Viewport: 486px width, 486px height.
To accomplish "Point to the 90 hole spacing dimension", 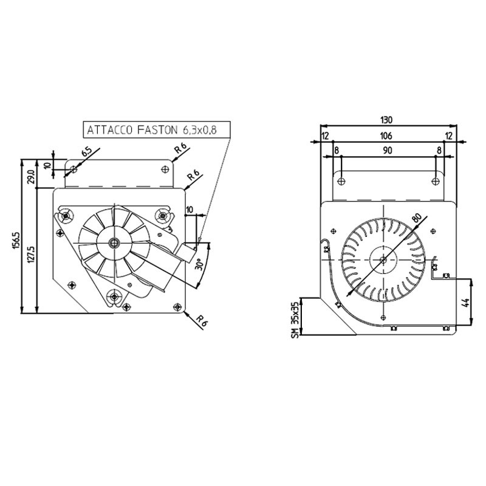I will pos(387,149).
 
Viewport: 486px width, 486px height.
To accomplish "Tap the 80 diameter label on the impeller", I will pos(416,219).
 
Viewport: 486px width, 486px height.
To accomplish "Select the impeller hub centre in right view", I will pos(383,260).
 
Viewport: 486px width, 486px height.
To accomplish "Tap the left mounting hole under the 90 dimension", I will pos(341,180).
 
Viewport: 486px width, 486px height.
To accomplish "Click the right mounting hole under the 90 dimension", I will pos(436,180).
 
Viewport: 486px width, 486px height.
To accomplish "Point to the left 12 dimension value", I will pos(325,135).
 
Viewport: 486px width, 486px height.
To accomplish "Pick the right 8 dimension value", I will pos(440,149).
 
